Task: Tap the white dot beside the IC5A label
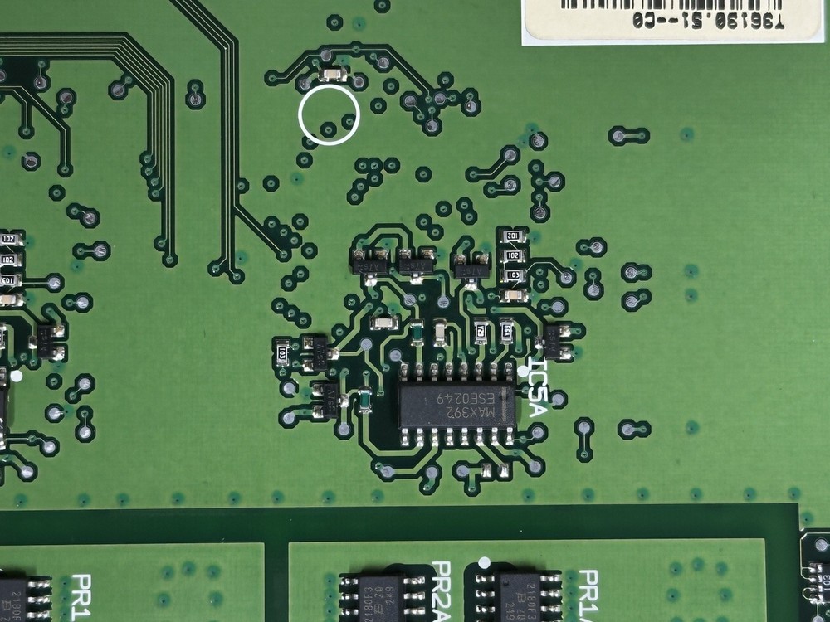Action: click(523, 370)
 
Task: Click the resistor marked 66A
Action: click(506, 333)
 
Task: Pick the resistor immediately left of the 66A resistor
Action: click(481, 332)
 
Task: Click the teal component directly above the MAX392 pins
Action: click(415, 333)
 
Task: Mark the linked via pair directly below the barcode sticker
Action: click(629, 134)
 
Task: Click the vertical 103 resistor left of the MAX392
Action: click(283, 354)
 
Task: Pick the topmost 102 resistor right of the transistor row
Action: click(512, 237)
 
